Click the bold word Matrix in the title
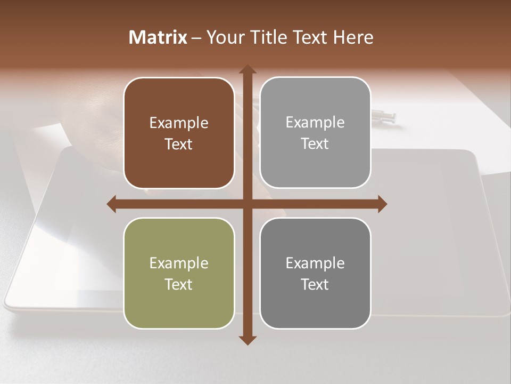(158, 37)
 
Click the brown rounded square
(179, 133)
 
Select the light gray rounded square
(315, 133)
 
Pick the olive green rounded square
(179, 273)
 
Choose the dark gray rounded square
(315, 273)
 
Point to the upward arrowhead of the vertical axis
(248, 69)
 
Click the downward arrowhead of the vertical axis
(248, 340)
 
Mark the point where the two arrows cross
(248, 204)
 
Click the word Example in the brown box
(179, 123)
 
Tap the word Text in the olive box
(179, 284)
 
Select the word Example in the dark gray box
(315, 263)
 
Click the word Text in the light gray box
(315, 143)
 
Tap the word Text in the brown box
(179, 144)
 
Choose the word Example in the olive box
(179, 263)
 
